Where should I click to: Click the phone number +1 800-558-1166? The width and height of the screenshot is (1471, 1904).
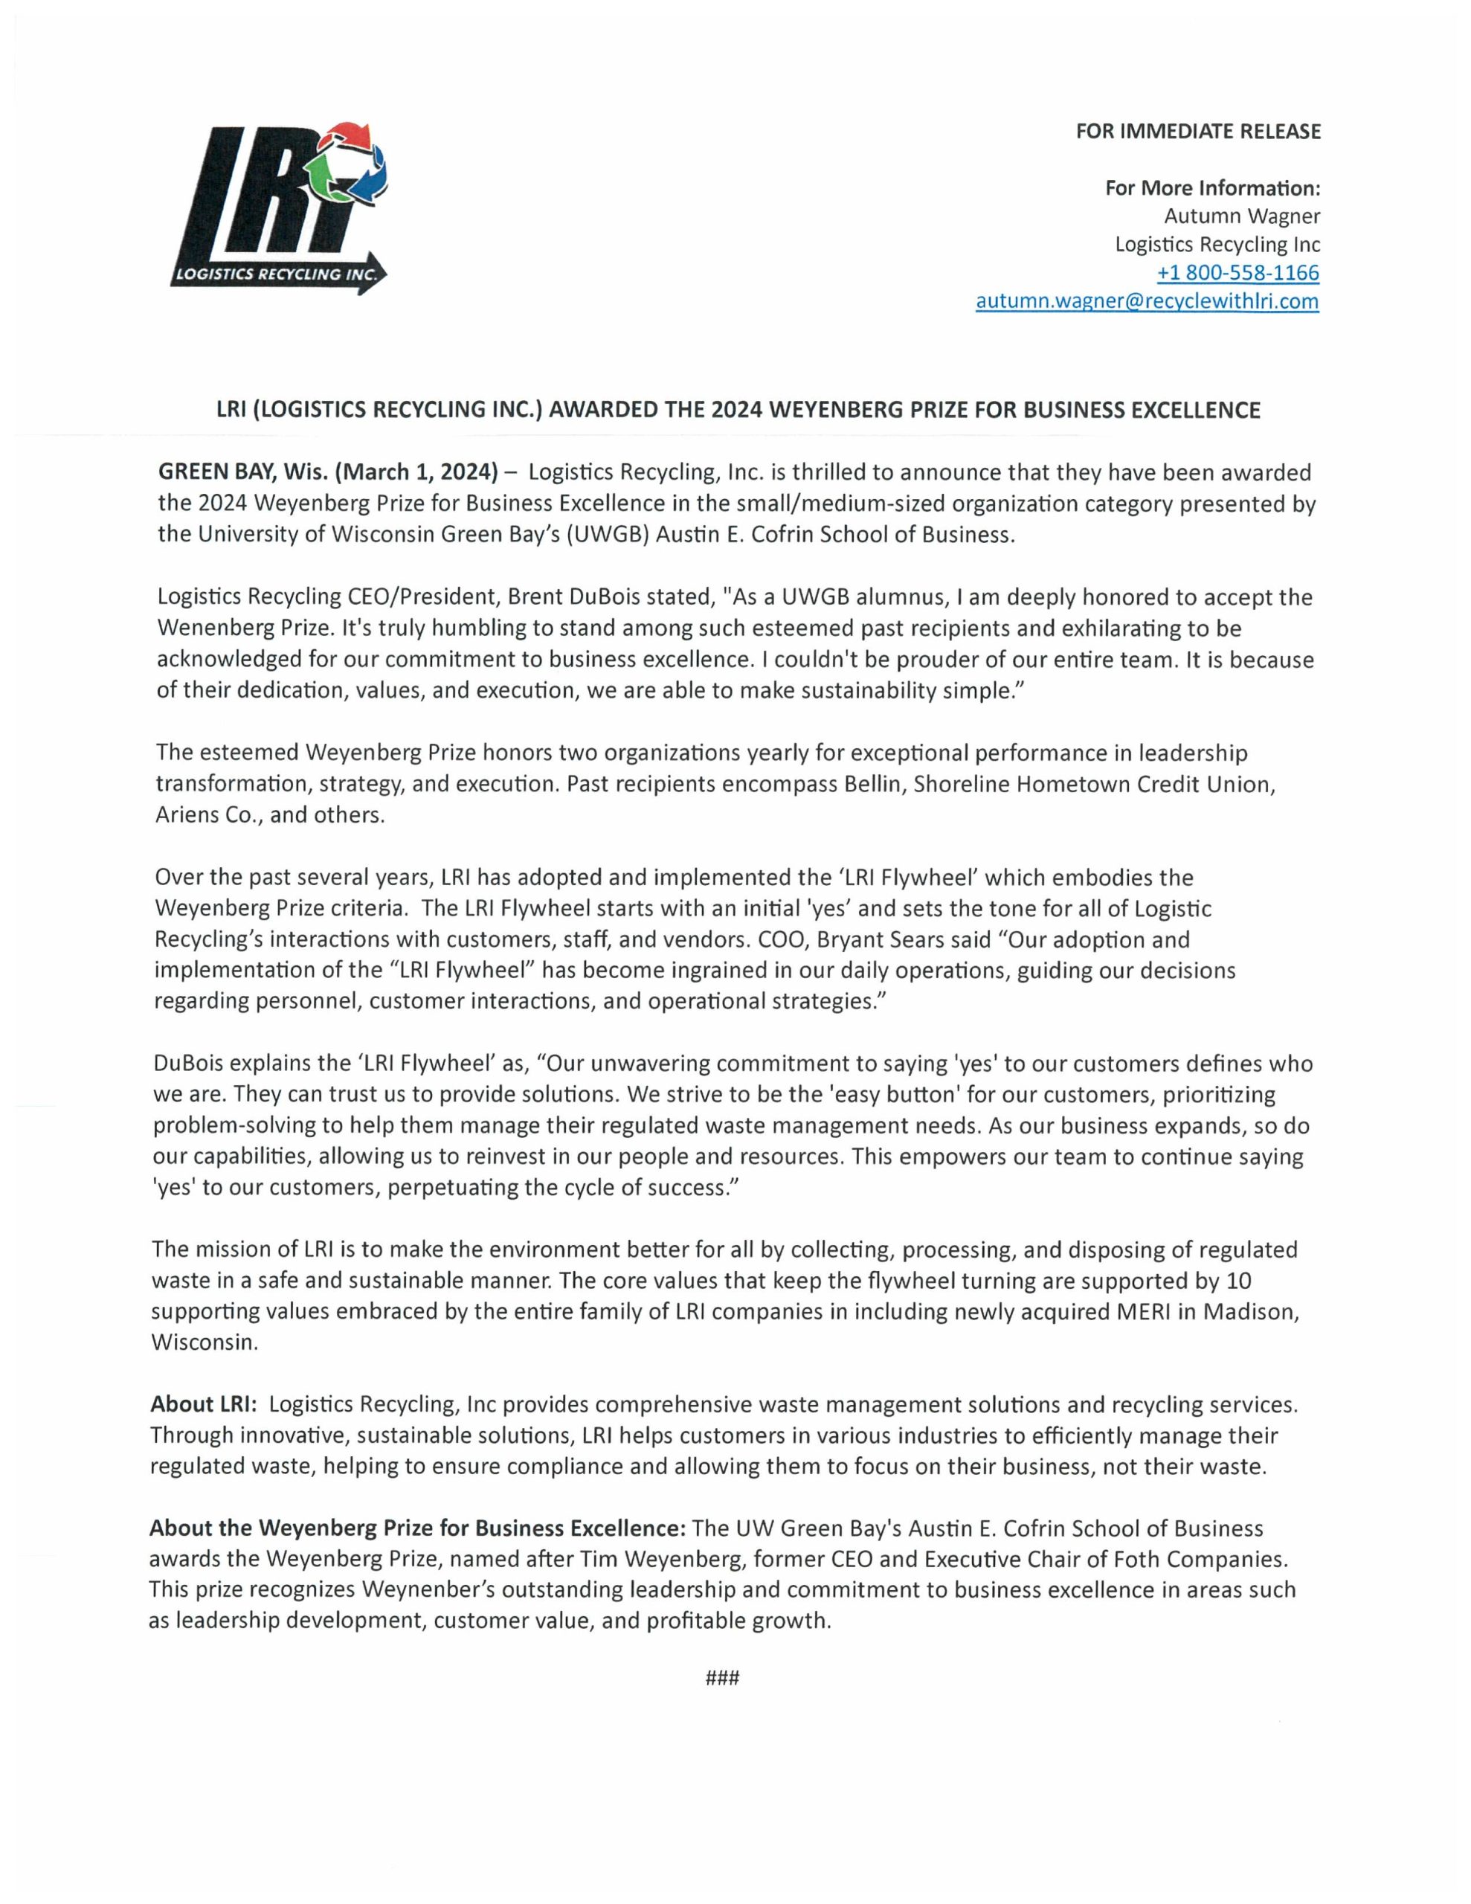(x=1237, y=273)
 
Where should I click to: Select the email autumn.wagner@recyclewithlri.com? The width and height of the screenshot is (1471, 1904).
(x=1147, y=302)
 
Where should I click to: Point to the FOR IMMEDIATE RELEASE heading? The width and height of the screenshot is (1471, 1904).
(x=1198, y=132)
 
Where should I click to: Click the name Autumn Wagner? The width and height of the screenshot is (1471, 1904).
(x=1242, y=216)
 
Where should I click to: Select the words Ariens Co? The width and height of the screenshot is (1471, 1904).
(x=205, y=816)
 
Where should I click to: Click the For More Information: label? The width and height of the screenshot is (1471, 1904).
(x=1212, y=188)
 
